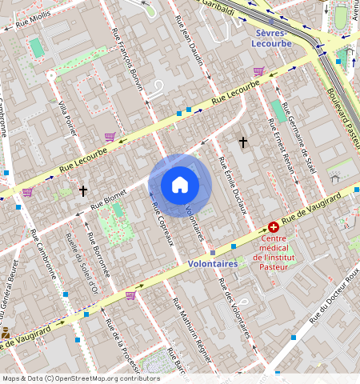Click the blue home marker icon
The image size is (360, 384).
180,185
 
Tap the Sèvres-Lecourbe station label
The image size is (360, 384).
275,39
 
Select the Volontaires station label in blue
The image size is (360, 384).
212,262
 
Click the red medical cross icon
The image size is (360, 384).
274,228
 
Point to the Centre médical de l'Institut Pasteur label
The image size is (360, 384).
274,248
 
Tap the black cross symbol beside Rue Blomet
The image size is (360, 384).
83,190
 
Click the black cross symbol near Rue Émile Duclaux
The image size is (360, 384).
243,142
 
